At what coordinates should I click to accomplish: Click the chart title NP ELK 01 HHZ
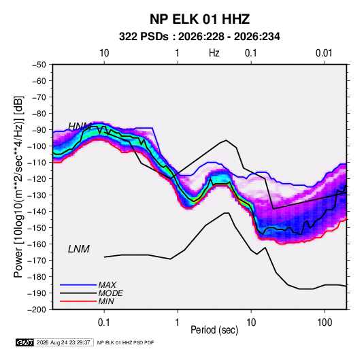click(x=199, y=19)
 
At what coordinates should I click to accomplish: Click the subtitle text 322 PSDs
click(x=144, y=37)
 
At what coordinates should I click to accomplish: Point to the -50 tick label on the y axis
click(x=39, y=65)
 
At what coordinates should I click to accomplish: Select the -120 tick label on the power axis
click(x=37, y=179)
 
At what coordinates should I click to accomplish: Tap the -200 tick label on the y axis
click(x=37, y=310)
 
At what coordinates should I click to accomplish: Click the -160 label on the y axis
click(x=37, y=244)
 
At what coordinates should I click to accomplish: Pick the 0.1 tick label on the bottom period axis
click(x=104, y=323)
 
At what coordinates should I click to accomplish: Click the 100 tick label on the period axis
click(x=325, y=323)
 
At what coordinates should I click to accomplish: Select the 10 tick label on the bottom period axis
click(x=251, y=323)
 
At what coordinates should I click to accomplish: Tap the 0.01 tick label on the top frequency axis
click(x=324, y=53)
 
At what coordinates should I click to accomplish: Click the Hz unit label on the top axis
click(x=214, y=53)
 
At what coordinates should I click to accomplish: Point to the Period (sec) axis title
click(x=214, y=330)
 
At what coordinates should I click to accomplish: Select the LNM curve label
click(x=79, y=249)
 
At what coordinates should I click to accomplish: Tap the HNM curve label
click(x=80, y=127)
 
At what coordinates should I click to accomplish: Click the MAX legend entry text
click(x=107, y=285)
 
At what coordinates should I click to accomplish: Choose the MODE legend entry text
click(x=110, y=293)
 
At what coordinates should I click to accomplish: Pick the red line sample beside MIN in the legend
click(x=78, y=301)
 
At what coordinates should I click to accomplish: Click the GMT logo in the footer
click(x=24, y=342)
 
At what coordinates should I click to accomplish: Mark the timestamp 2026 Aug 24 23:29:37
click(x=63, y=342)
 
